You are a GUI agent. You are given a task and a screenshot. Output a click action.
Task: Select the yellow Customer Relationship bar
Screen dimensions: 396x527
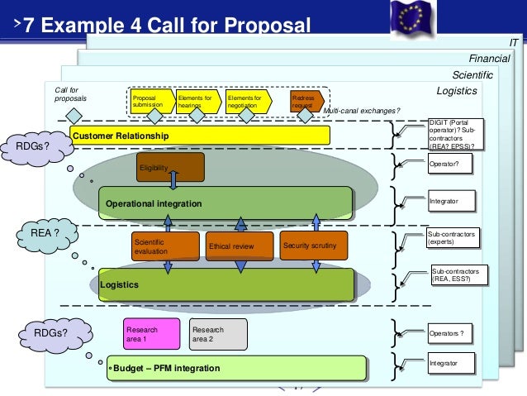click(x=198, y=135)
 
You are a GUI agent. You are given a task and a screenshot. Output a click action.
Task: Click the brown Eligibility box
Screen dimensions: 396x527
click(x=169, y=167)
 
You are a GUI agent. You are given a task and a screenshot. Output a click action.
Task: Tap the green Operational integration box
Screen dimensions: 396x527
click(x=225, y=203)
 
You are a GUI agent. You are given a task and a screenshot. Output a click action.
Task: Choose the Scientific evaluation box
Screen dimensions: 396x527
click(x=165, y=246)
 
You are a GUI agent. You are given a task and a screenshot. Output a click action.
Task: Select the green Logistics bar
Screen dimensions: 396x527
click(x=225, y=284)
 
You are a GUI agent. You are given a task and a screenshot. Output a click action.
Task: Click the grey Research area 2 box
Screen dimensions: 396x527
click(x=217, y=333)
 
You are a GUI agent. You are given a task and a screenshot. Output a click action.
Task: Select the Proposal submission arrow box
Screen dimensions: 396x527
click(x=151, y=101)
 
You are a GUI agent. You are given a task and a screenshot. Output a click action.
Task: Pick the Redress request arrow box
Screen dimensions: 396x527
click(x=305, y=101)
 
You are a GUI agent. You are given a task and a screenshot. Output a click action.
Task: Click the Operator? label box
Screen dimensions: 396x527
click(x=452, y=165)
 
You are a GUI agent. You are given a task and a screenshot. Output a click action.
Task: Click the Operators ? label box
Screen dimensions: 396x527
click(x=452, y=334)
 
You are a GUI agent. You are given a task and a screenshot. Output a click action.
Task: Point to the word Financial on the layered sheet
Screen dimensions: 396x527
click(x=489, y=59)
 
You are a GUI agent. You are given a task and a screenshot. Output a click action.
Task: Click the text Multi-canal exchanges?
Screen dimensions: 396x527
click(x=361, y=111)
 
